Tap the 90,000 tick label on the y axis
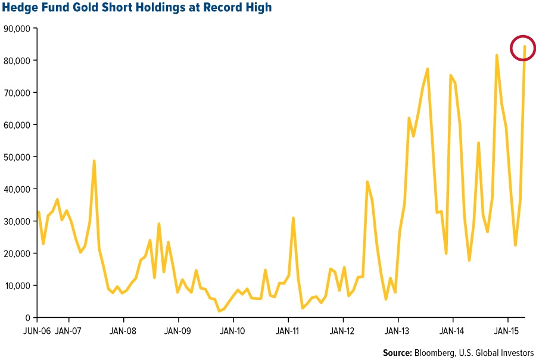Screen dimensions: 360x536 (18, 28)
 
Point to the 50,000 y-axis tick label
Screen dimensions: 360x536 (18, 156)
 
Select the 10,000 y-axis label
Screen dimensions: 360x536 (18, 285)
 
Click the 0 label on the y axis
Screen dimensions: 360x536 (29, 317)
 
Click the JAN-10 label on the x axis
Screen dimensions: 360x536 (233, 328)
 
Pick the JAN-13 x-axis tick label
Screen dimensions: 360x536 (398, 328)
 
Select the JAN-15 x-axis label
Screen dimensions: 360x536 (507, 328)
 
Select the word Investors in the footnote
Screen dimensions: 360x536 (516, 352)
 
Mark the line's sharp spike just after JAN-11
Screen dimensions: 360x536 (293, 218)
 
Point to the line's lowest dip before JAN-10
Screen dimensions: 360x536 (220, 311)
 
